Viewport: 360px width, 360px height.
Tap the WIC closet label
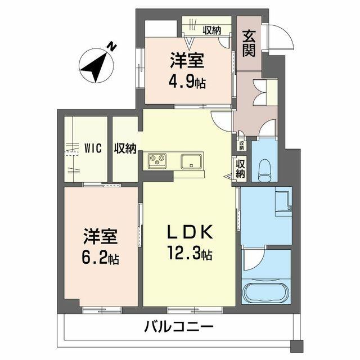[x=93, y=148]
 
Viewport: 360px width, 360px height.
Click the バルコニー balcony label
[x=178, y=326]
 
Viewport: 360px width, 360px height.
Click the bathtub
[x=266, y=293]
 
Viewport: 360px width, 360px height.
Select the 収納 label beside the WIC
[x=125, y=148]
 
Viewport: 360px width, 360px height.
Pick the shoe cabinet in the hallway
[x=264, y=92]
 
